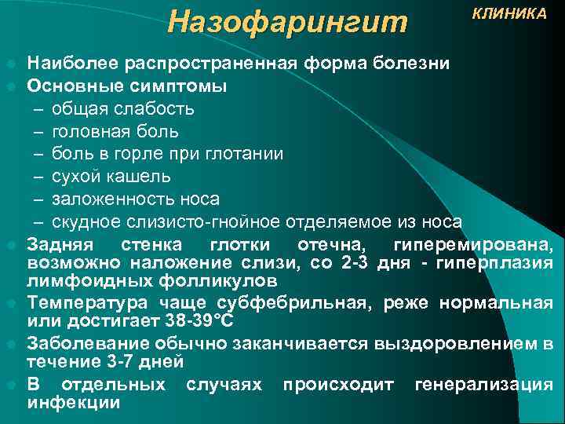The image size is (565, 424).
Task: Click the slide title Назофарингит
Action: pyautogui.click(x=288, y=22)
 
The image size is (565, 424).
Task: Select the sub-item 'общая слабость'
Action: pyautogui.click(x=123, y=108)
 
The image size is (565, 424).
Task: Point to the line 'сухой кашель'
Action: pyautogui.click(x=110, y=176)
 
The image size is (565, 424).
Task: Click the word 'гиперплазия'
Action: pyautogui.click(x=502, y=262)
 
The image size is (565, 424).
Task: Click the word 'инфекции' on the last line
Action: pyautogui.click(x=74, y=403)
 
